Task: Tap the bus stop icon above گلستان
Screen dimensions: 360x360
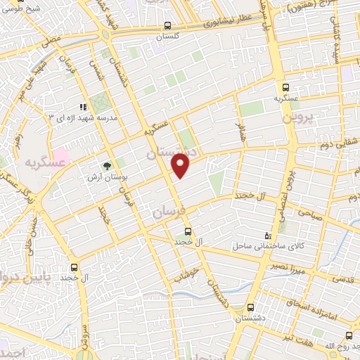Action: click(167, 22)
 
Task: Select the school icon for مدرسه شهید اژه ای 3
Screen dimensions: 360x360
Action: click(84, 108)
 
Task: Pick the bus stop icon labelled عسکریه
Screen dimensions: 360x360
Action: click(285, 87)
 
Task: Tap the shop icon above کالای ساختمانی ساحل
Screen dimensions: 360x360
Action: click(266, 235)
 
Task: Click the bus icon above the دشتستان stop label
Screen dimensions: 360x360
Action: click(250, 307)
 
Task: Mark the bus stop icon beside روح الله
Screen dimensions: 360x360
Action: click(349, 337)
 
